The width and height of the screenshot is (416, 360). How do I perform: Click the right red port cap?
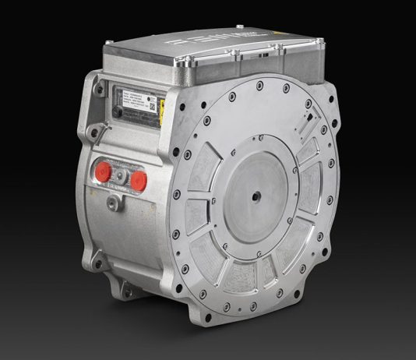click(139, 181)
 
